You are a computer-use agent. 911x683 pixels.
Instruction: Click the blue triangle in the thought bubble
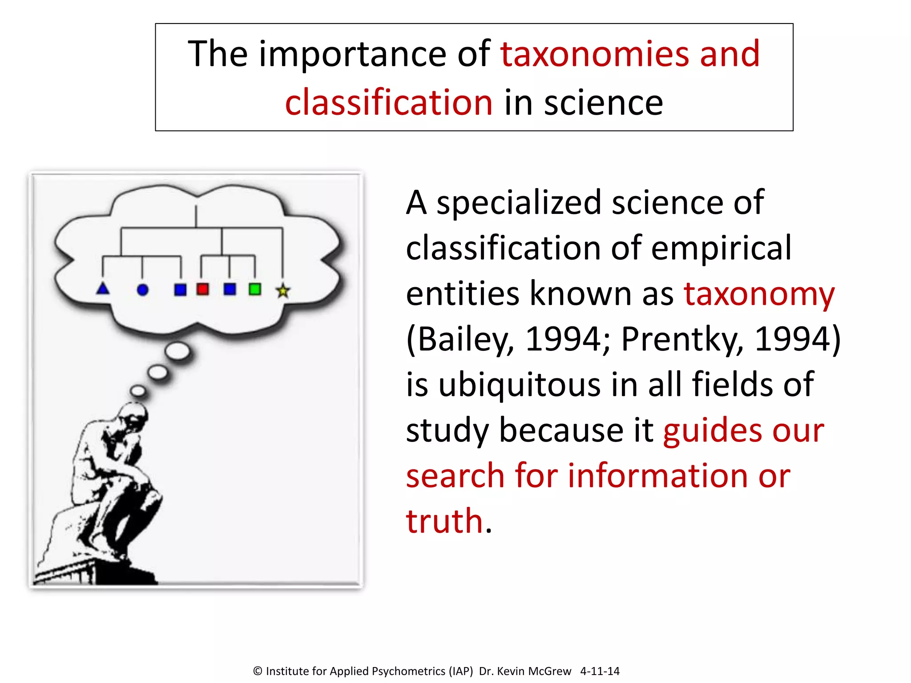[x=103, y=289]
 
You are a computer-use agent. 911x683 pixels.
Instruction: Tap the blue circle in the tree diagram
[x=142, y=290]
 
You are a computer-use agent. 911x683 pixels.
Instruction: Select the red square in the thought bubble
[x=203, y=289]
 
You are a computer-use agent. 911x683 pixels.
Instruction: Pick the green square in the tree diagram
[x=255, y=289]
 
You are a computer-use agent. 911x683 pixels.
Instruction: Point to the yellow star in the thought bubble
[x=283, y=291]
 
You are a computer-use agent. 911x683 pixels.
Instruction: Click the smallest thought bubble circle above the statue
[x=138, y=391]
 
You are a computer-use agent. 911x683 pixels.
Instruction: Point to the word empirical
[x=721, y=248]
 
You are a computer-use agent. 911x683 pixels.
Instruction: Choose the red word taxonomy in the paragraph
[x=759, y=294]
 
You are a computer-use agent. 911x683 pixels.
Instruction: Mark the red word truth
[x=444, y=521]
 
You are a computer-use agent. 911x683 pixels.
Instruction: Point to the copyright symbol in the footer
[x=258, y=671]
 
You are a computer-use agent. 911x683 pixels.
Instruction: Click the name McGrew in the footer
[x=549, y=671]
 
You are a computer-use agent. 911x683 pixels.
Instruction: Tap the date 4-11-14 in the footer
[x=600, y=671]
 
